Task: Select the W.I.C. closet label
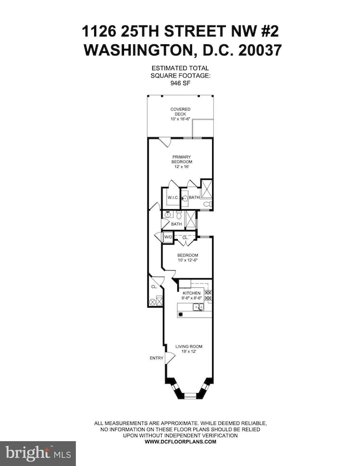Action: tap(171, 197)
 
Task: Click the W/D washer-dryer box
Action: tap(167, 237)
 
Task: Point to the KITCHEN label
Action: tap(183, 292)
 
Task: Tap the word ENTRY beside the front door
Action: tap(156, 358)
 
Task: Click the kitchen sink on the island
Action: tap(200, 306)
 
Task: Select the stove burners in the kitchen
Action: tap(208, 296)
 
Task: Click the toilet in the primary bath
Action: tap(206, 204)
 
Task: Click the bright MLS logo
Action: tap(38, 453)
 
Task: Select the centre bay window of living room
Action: tap(186, 395)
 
